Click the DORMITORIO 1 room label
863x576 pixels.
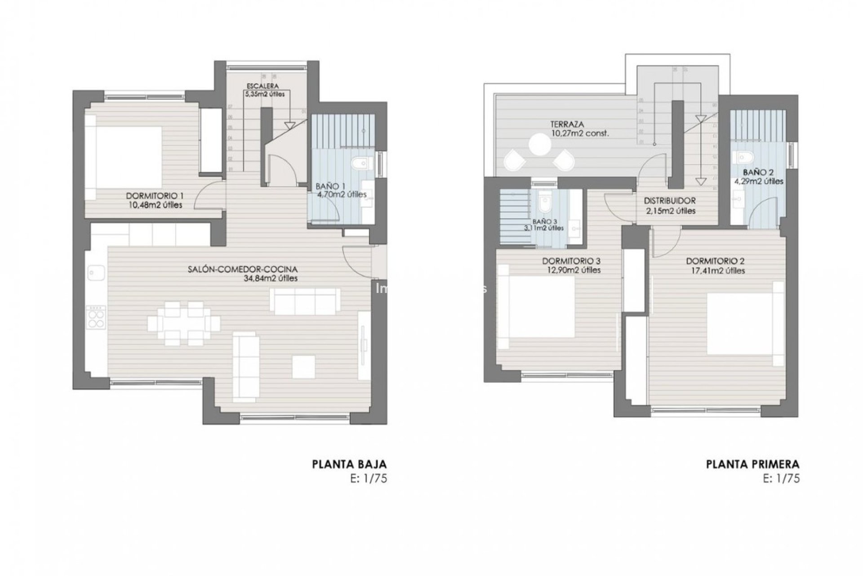tap(155, 196)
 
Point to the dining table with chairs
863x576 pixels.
tap(183, 324)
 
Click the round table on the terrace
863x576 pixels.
tap(539, 144)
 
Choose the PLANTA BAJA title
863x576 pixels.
tap(349, 464)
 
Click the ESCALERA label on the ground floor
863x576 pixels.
tap(262, 85)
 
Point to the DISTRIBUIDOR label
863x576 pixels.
tap(670, 201)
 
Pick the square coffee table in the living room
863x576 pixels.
tap(303, 367)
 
